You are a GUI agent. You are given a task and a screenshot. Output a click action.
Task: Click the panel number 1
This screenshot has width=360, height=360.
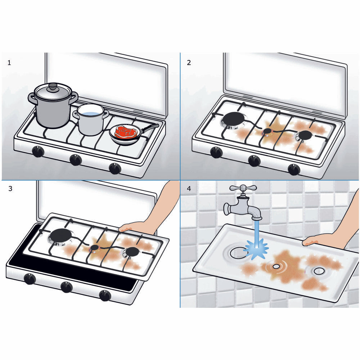coord(9,63)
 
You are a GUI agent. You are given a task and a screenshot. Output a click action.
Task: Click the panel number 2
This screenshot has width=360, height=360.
coord(189,63)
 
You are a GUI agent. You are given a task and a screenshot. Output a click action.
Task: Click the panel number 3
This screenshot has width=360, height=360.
coord(10,189)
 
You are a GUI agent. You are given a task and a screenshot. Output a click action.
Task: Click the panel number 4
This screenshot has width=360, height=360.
coord(189,189)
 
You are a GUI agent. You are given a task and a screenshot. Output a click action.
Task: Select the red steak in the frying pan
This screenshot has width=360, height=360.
coord(125,132)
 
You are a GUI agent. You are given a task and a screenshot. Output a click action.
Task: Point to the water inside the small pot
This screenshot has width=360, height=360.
coord(90,114)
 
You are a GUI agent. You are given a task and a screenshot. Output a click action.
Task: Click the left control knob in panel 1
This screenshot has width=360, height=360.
coord(38,152)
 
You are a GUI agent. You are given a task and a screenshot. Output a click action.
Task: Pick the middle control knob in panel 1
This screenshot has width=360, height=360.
coord(75,159)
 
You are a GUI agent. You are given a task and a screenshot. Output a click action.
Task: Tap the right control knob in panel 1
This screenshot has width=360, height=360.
coord(115,168)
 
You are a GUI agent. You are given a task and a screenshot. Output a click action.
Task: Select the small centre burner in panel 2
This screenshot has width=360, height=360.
coord(267,131)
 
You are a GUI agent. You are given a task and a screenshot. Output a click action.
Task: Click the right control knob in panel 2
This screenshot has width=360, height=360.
coord(294,169)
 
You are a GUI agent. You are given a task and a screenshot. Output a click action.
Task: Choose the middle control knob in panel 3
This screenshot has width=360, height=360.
coord(66,287)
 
